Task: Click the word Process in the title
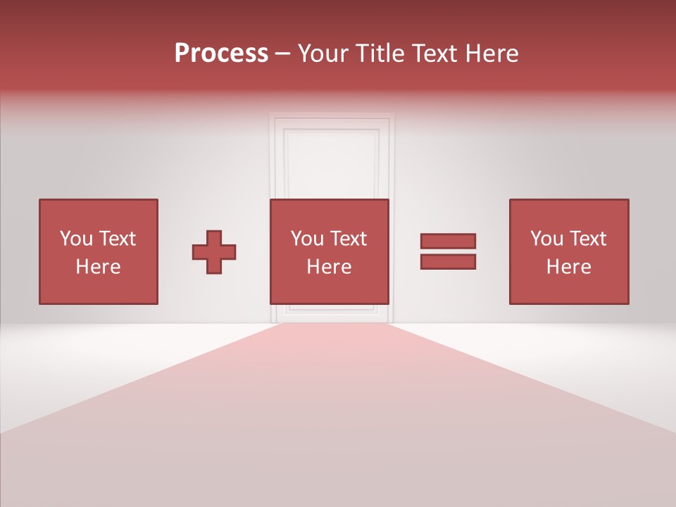tap(221, 54)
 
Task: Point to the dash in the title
tap(283, 54)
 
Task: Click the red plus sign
tap(214, 251)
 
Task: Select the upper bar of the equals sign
tap(448, 241)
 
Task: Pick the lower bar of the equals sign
tap(448, 262)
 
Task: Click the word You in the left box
tap(76, 239)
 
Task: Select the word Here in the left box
tap(98, 267)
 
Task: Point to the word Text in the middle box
tap(349, 239)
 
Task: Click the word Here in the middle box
tap(329, 267)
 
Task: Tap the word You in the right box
tap(546, 239)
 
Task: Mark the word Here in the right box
tap(568, 267)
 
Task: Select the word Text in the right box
tap(588, 239)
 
